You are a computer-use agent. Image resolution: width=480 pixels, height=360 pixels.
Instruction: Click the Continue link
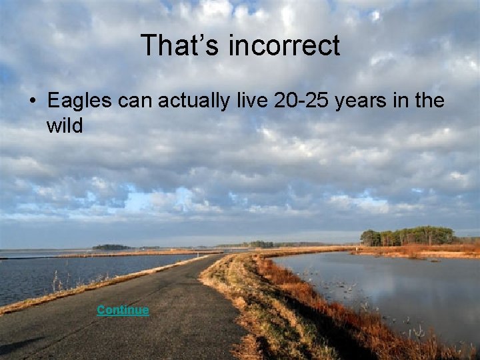pos(123,311)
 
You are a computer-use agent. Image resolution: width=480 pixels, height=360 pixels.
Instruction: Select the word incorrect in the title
pos(285,45)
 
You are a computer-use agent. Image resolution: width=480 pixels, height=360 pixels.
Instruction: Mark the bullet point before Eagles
pos(32,102)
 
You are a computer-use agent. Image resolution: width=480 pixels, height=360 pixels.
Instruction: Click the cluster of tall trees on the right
pos(407,236)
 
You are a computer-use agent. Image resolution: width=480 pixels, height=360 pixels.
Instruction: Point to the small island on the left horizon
pos(111,247)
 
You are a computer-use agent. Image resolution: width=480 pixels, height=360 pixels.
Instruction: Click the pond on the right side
pos(380,287)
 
